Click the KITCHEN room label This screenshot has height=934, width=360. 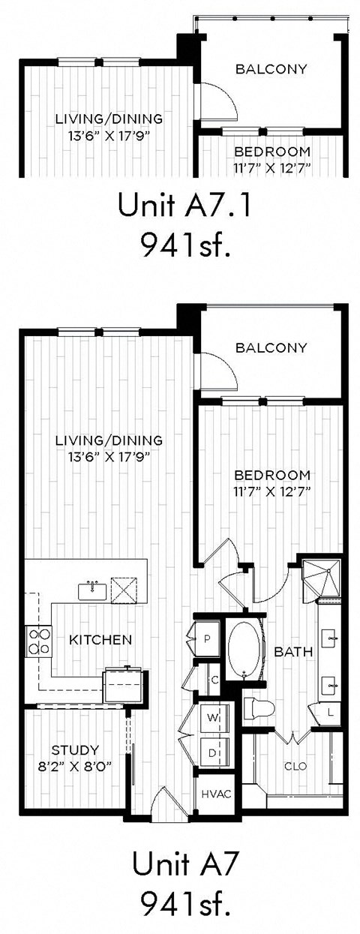pos(100,640)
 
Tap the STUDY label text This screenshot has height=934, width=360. pos(74,749)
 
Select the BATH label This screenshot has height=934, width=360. pos(292,652)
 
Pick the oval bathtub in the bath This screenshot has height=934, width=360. pos(244,649)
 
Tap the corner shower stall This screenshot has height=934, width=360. pos(321,578)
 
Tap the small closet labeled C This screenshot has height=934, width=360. pos(213,680)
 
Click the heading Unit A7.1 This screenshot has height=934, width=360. pos(178,206)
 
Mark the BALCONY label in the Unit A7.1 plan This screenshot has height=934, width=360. pos(271,69)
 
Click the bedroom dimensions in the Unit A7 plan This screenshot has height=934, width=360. pos(272,491)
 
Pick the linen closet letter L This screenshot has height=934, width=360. pos(331,710)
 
